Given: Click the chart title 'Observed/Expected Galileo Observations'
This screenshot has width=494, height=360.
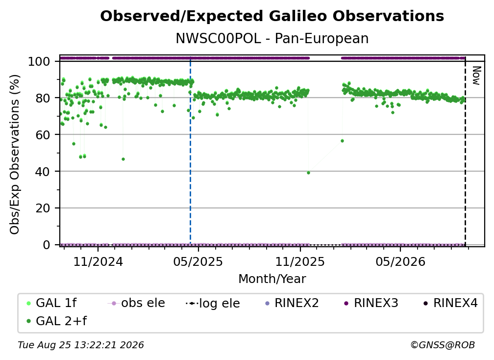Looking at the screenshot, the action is pyautogui.click(x=272, y=16).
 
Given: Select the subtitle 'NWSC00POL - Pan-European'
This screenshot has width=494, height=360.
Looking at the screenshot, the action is pyautogui.click(x=272, y=38).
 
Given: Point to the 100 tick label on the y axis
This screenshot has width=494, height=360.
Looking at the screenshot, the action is pyautogui.click(x=39, y=61).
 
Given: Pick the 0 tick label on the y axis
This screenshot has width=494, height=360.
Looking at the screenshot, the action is pyautogui.click(x=46, y=245).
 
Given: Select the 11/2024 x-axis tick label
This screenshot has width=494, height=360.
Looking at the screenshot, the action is pyautogui.click(x=98, y=261).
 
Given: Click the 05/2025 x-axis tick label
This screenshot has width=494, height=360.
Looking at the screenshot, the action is pyautogui.click(x=198, y=261).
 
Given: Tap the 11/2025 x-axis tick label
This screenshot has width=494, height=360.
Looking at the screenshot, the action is pyautogui.click(x=300, y=261).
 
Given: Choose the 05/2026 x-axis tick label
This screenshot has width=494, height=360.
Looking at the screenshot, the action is pyautogui.click(x=400, y=261).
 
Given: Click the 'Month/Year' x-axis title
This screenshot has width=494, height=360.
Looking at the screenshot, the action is pyautogui.click(x=272, y=279).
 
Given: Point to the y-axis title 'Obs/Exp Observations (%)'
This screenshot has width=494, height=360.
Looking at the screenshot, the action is pyautogui.click(x=15, y=154).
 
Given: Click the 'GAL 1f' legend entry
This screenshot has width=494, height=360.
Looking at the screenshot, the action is pyautogui.click(x=51, y=303).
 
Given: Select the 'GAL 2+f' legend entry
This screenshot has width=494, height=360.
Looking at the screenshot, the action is pyautogui.click(x=56, y=321).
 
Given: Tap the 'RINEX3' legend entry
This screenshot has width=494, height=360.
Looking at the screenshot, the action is pyautogui.click(x=371, y=303).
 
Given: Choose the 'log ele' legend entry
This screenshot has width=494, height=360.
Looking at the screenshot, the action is pyautogui.click(x=213, y=303).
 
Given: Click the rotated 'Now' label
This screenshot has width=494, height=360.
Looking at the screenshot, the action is pyautogui.click(x=476, y=76).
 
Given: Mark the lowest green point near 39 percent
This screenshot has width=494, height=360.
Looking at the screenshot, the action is pyautogui.click(x=308, y=173).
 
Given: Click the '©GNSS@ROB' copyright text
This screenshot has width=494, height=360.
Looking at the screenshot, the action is pyautogui.click(x=443, y=345).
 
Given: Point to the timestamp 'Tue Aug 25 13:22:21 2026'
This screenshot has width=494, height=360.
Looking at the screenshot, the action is pyautogui.click(x=81, y=345).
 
